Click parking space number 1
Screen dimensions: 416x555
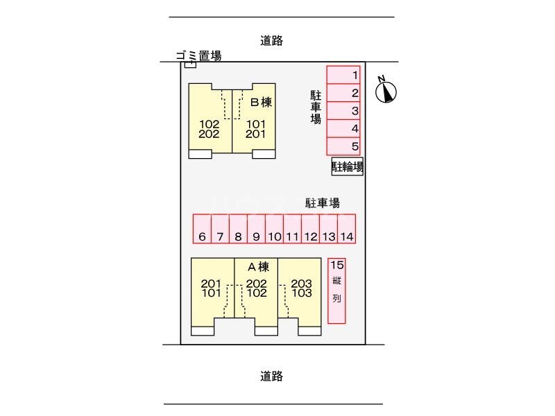(x=345, y=75)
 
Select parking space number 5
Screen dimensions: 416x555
(x=345, y=146)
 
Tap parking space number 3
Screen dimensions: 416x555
(x=345, y=111)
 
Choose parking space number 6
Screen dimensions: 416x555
(x=202, y=228)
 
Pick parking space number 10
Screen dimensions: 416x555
(x=274, y=228)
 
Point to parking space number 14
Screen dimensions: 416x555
(x=347, y=228)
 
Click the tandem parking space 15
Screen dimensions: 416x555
(x=336, y=291)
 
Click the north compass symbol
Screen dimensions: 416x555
(x=387, y=91)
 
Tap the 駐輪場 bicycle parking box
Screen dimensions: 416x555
(x=347, y=166)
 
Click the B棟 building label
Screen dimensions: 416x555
(x=260, y=103)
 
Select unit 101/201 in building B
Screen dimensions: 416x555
(x=256, y=129)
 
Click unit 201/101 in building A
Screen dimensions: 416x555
(x=212, y=288)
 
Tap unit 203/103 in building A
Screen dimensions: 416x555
(x=301, y=288)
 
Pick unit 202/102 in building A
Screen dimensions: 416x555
(x=257, y=288)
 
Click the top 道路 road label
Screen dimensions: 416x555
(x=272, y=41)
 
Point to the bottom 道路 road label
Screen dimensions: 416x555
(x=272, y=376)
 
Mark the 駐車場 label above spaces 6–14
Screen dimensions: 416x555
(x=323, y=203)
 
